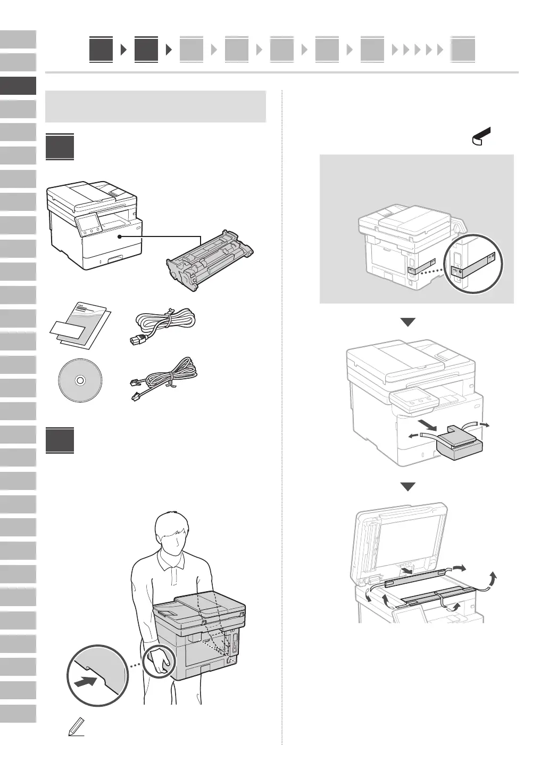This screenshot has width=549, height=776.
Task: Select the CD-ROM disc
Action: coord(80,381)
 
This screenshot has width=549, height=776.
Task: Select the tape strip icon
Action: coord(482,137)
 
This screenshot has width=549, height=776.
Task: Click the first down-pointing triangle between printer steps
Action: coord(407,322)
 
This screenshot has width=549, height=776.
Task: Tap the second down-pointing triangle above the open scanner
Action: coord(407,487)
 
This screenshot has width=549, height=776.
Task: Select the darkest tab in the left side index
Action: coord(18,86)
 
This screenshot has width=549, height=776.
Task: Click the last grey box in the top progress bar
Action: coord(462,50)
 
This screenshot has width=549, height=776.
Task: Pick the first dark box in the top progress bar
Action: coord(101,50)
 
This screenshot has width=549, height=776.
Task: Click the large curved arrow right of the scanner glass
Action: coord(494,579)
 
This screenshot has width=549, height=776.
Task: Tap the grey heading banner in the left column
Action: coord(156,107)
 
